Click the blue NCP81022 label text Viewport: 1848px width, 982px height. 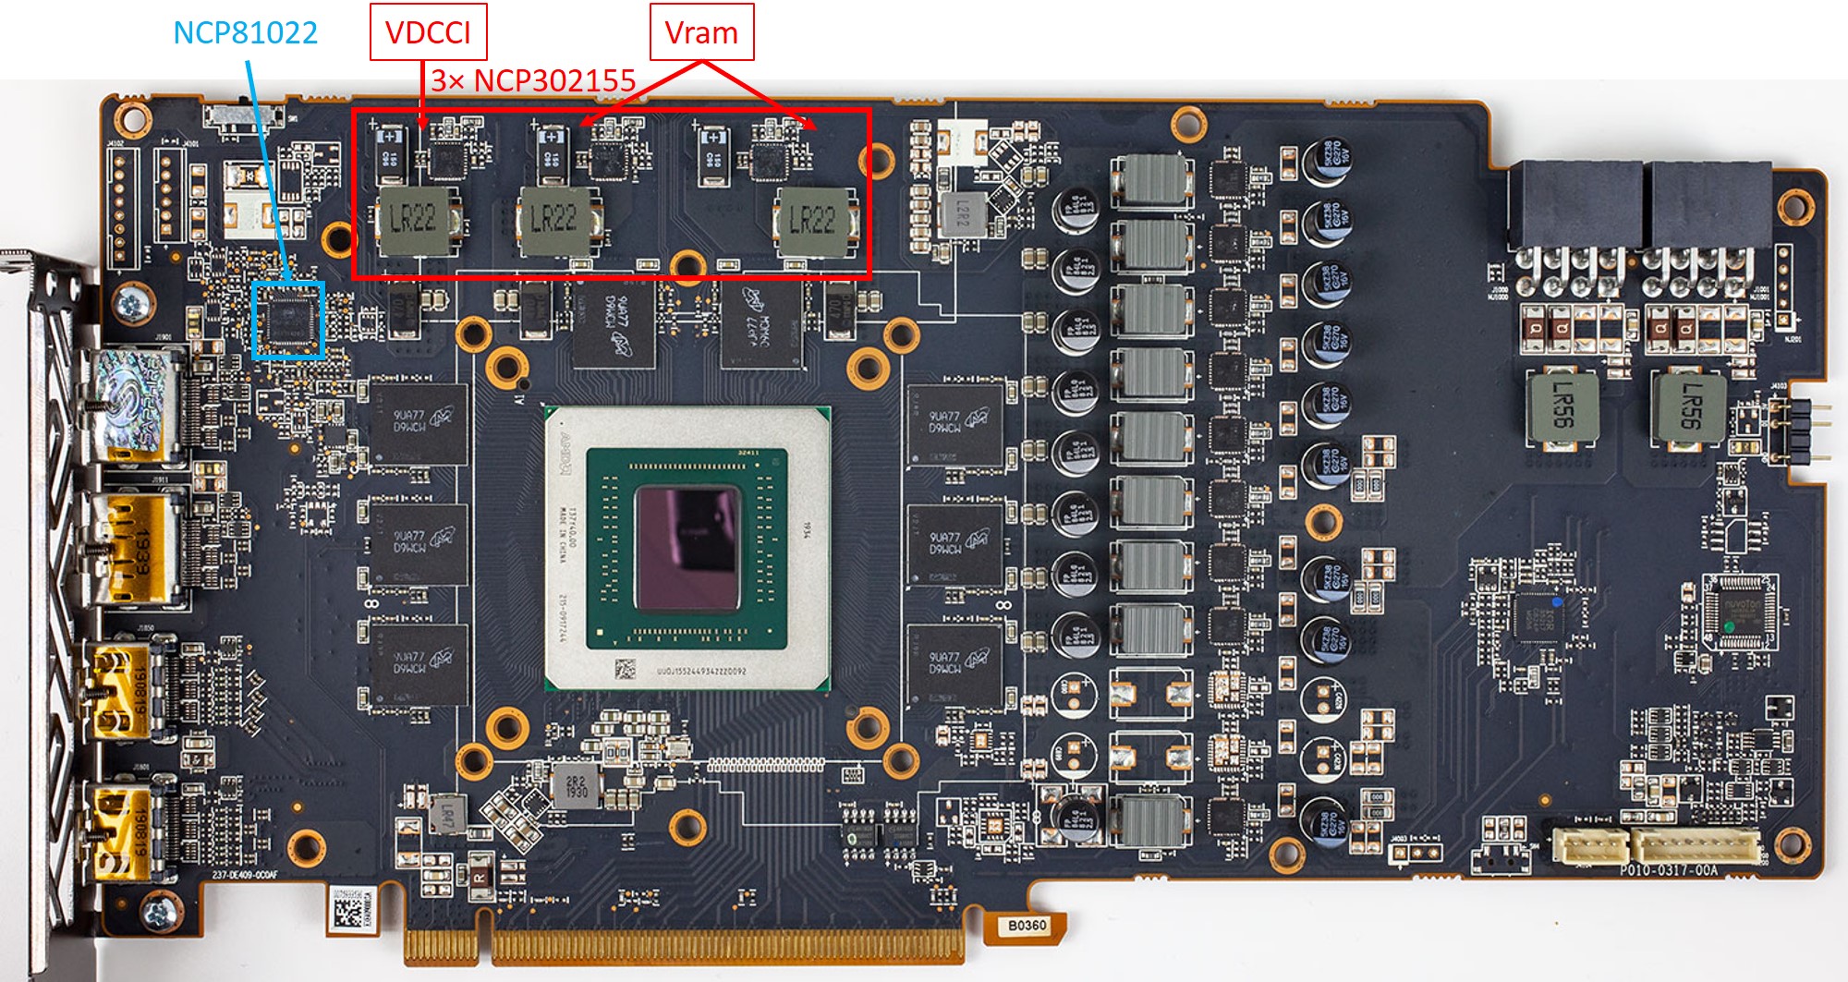[245, 33]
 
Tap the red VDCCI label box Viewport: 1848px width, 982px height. [428, 33]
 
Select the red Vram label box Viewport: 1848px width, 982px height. [701, 33]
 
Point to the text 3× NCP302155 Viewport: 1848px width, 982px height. [533, 81]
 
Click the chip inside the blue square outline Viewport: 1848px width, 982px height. [288, 320]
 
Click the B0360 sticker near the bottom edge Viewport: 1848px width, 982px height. [1027, 925]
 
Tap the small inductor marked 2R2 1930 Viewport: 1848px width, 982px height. [577, 786]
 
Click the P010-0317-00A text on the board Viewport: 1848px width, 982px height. [1668, 869]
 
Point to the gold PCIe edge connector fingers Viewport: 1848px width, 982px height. [684, 947]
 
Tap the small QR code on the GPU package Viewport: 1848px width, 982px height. [625, 668]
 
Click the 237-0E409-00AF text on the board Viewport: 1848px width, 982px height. [245, 874]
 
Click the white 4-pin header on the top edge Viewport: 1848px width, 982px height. [962, 144]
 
